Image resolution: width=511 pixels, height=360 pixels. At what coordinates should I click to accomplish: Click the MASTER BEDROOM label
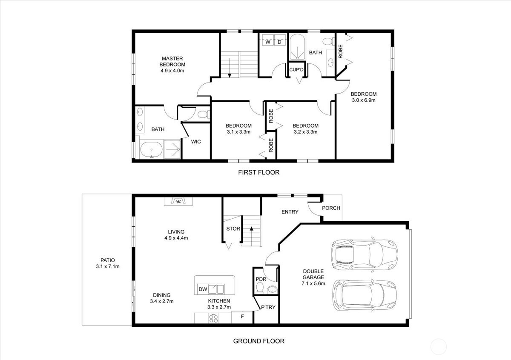pyautogui.click(x=172, y=61)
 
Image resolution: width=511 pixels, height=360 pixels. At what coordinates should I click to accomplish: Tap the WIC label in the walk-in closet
pyautogui.click(x=196, y=142)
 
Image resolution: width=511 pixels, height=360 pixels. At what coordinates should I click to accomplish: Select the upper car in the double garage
pyautogui.click(x=364, y=255)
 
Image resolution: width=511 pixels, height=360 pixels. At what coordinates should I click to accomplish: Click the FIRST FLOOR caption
pyautogui.click(x=258, y=173)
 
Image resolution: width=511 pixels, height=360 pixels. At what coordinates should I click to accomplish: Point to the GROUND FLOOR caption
pyautogui.click(x=258, y=341)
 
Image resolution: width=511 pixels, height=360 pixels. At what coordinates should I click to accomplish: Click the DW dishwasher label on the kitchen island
pyautogui.click(x=203, y=289)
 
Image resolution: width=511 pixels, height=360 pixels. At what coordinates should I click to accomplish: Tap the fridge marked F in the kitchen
pyautogui.click(x=243, y=317)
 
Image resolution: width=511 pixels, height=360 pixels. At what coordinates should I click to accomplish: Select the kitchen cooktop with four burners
pyautogui.click(x=213, y=318)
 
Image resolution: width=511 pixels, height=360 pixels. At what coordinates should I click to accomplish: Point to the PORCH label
pyautogui.click(x=331, y=208)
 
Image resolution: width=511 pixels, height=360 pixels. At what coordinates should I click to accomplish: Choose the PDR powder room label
pyautogui.click(x=261, y=280)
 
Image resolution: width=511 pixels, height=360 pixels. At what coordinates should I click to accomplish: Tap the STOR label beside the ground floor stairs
pyautogui.click(x=233, y=229)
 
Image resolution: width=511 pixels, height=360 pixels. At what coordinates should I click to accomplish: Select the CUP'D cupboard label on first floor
pyautogui.click(x=296, y=69)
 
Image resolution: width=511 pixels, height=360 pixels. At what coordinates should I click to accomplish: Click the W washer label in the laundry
pyautogui.click(x=268, y=42)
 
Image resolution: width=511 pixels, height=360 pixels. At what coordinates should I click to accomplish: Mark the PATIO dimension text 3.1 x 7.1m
pyautogui.click(x=108, y=267)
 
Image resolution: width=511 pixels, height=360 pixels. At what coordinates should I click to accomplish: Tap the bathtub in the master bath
pyautogui.click(x=151, y=151)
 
